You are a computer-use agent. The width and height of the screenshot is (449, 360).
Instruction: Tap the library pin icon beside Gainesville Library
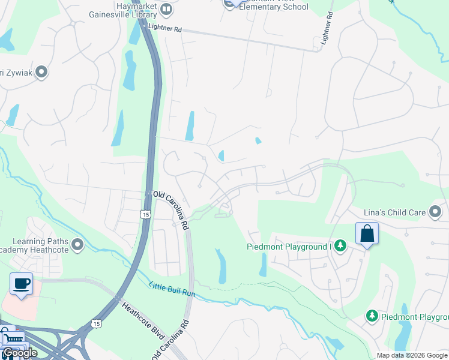[x=166, y=9]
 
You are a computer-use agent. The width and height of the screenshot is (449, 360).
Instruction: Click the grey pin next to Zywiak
[x=41, y=73]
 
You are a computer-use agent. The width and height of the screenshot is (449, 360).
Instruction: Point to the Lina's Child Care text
[x=394, y=212]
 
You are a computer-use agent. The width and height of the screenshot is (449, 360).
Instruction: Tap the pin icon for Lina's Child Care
[x=435, y=212]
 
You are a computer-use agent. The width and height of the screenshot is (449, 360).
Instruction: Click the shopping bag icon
[x=367, y=234]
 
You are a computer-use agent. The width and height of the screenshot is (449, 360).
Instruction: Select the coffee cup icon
[x=21, y=284]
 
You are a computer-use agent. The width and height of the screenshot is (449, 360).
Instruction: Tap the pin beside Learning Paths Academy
[x=77, y=245]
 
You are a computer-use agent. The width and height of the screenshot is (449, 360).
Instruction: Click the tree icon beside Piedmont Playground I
[x=340, y=246]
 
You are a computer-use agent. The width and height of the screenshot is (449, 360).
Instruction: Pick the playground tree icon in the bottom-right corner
[x=372, y=316]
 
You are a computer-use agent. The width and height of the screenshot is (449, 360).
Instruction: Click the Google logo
[x=20, y=353]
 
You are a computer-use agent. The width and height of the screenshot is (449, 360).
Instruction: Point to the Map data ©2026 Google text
[x=412, y=355]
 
